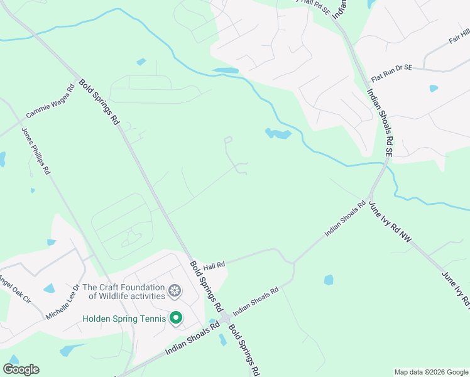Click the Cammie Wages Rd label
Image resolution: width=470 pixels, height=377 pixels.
point(50,102)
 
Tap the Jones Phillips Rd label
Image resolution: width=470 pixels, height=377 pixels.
point(35,151)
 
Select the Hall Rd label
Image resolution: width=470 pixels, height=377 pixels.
point(214,266)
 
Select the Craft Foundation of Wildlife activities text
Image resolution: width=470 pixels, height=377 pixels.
point(123,291)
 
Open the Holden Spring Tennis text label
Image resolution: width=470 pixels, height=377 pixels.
point(124,319)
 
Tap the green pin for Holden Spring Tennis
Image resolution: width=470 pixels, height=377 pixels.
point(176,318)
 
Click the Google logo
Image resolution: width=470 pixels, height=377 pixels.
point(21,369)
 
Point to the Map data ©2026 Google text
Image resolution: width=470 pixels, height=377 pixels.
point(430,372)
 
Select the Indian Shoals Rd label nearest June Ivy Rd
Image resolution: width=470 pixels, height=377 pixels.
point(345,219)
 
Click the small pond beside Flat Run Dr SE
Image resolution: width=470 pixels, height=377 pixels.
point(434,89)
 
